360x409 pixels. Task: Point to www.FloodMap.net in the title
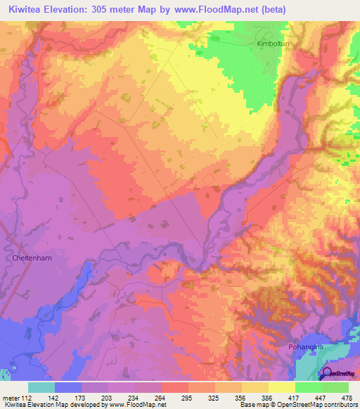(x=212, y=8)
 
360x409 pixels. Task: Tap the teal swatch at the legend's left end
(x=41, y=387)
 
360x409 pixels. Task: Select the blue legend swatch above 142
(x=68, y=387)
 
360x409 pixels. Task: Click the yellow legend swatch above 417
(x=282, y=387)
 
